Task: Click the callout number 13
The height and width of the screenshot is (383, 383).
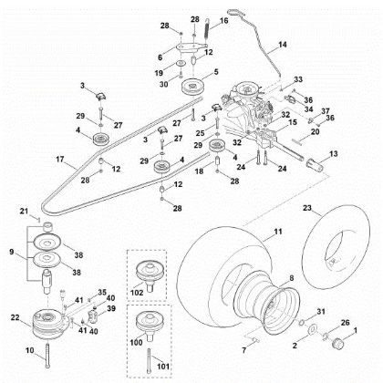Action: pos(334,155)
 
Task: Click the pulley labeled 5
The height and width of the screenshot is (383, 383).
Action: pos(192,88)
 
